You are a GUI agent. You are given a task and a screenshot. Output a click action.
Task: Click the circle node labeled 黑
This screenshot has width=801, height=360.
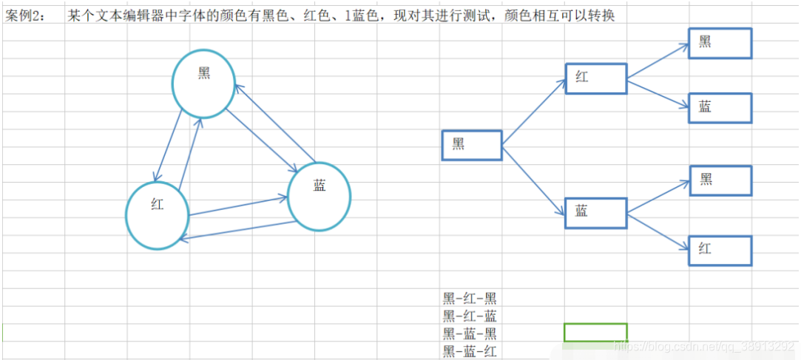tap(203, 84)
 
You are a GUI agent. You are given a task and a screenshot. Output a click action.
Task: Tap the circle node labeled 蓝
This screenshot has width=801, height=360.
tap(319, 196)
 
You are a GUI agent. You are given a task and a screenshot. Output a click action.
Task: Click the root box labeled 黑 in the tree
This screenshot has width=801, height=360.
tap(471, 145)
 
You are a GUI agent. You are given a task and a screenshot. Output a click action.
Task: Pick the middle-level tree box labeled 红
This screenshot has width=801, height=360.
tap(595, 78)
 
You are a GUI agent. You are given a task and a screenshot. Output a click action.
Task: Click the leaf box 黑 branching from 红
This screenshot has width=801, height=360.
tap(720, 43)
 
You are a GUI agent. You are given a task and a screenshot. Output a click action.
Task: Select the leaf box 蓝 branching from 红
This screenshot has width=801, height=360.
tap(720, 108)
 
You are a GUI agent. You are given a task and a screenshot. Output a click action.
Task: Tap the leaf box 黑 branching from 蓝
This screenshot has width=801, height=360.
tap(720, 180)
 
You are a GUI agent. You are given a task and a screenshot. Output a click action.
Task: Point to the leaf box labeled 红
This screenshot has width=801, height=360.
tap(720, 251)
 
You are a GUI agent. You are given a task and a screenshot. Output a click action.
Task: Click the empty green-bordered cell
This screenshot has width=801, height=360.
tap(595, 333)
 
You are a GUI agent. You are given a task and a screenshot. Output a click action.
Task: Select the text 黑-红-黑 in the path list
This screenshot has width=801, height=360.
tap(470, 299)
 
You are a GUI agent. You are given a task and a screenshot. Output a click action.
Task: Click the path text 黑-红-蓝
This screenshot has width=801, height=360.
tap(470, 316)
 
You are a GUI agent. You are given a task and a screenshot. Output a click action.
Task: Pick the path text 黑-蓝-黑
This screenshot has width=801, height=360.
tap(470, 334)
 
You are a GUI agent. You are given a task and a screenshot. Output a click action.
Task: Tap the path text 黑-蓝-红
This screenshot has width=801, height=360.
tap(470, 352)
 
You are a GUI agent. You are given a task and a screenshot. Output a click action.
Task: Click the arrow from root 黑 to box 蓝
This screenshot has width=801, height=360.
tap(534, 180)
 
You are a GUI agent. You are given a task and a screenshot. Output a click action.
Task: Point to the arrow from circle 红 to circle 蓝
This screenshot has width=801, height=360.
tap(238, 206)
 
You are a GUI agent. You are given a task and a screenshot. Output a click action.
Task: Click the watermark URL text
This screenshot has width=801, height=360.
tap(706, 346)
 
